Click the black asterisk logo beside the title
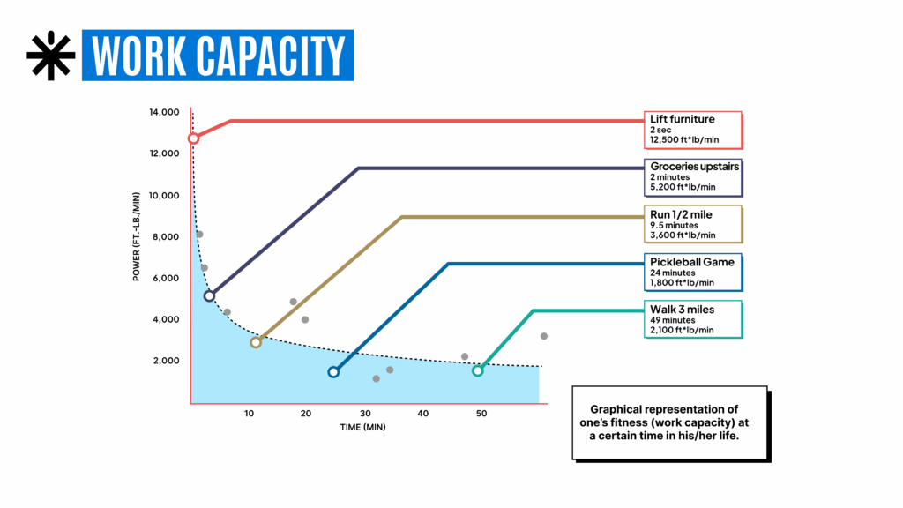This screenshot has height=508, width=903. point(51,56)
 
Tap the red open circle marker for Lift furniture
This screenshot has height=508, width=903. point(193,138)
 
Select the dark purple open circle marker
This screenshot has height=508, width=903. point(209,296)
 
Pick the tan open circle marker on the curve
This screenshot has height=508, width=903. point(256,342)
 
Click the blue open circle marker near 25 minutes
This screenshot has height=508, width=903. point(333,372)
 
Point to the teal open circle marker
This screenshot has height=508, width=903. point(478,371)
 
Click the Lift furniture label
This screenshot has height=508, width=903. point(683,119)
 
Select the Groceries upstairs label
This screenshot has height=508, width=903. point(695,166)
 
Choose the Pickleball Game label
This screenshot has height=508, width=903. point(692,262)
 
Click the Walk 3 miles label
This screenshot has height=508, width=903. point(683,310)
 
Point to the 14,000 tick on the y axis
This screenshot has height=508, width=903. point(163,112)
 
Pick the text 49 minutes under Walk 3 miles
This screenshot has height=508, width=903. point(672,320)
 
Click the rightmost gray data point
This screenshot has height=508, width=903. point(544,336)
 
